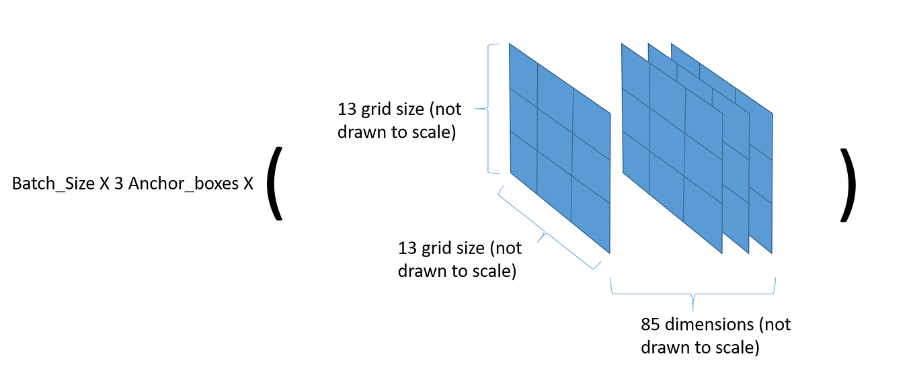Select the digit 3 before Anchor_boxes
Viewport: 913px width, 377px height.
click(119, 183)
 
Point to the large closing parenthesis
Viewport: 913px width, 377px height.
click(848, 184)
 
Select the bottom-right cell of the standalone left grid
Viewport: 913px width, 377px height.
click(590, 214)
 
